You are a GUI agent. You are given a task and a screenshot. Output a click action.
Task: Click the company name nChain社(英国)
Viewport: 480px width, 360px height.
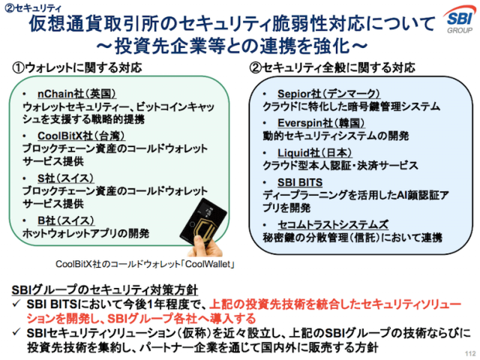(76, 94)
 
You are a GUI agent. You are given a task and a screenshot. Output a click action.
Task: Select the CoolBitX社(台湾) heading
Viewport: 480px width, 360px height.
(81, 136)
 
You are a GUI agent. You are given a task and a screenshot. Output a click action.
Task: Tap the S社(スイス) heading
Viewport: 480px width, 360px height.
(65, 178)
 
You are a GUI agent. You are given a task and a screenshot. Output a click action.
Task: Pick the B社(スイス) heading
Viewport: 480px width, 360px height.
(66, 220)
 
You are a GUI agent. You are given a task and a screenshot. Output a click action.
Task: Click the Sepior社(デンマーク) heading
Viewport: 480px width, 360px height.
(328, 94)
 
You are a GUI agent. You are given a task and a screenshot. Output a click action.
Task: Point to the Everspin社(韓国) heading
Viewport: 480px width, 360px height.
(321, 123)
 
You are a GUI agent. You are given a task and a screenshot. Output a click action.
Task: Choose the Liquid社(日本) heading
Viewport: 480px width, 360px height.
(315, 153)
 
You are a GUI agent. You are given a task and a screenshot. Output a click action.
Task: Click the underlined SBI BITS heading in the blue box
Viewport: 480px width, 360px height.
(300, 182)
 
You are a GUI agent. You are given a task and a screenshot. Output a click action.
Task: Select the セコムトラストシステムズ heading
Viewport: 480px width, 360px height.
(333, 224)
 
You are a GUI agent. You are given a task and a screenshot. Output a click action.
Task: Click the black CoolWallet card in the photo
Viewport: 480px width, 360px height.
(202, 223)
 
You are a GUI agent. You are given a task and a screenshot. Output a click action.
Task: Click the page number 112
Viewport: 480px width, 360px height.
(470, 353)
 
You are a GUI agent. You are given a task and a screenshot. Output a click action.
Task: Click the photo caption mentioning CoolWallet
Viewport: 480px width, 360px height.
(145, 264)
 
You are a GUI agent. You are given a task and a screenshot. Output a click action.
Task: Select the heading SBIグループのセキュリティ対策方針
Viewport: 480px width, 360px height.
(105, 290)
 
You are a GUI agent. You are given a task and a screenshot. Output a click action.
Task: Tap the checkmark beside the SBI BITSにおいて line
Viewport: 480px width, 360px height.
(16, 304)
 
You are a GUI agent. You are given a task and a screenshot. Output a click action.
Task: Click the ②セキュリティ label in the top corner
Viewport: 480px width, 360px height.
(33, 8)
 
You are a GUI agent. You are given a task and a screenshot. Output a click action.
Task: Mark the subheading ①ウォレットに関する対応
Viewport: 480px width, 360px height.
(77, 67)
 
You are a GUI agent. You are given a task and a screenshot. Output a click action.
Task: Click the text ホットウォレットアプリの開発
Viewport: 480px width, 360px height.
(86, 233)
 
